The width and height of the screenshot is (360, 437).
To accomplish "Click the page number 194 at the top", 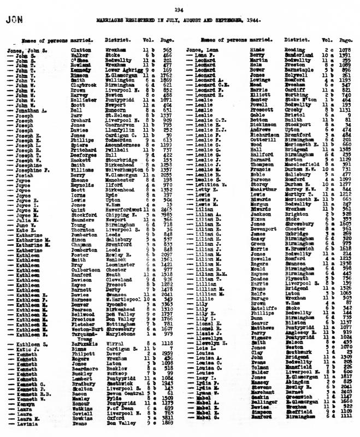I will point(179,9).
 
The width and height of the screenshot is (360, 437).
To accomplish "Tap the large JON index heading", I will point(13,20).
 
